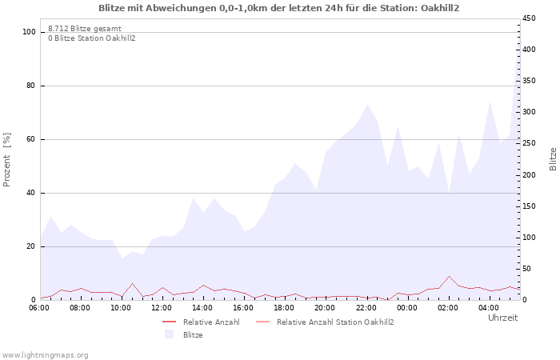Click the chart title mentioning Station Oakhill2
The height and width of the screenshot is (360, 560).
279,8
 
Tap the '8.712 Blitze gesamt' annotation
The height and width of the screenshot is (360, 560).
85,29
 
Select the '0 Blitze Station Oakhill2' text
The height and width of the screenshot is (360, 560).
92,38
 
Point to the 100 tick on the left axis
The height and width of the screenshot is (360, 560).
30,32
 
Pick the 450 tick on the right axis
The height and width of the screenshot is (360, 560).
530,18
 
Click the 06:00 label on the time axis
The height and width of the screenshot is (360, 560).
40,307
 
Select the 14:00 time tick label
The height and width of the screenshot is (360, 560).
202,307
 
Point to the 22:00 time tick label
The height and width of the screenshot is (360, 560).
366,307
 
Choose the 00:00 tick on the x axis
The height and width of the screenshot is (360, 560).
406,307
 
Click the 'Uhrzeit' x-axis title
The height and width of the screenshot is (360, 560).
502,318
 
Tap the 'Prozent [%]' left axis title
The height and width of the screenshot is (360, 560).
8,160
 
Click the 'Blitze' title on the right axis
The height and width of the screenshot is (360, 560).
553,158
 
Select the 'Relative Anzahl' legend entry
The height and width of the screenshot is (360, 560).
211,322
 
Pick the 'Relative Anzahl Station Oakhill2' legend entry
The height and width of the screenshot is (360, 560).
335,322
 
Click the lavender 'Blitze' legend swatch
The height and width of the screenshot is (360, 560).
169,334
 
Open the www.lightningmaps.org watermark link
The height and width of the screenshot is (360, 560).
46,354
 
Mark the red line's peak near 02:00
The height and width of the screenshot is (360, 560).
449,276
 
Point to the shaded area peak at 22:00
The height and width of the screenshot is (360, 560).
367,105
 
